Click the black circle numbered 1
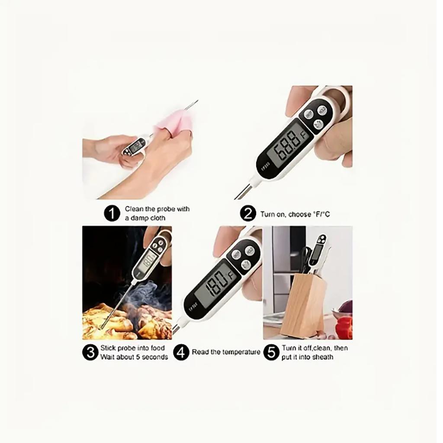coord(112,214)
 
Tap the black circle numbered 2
coord(248,214)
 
